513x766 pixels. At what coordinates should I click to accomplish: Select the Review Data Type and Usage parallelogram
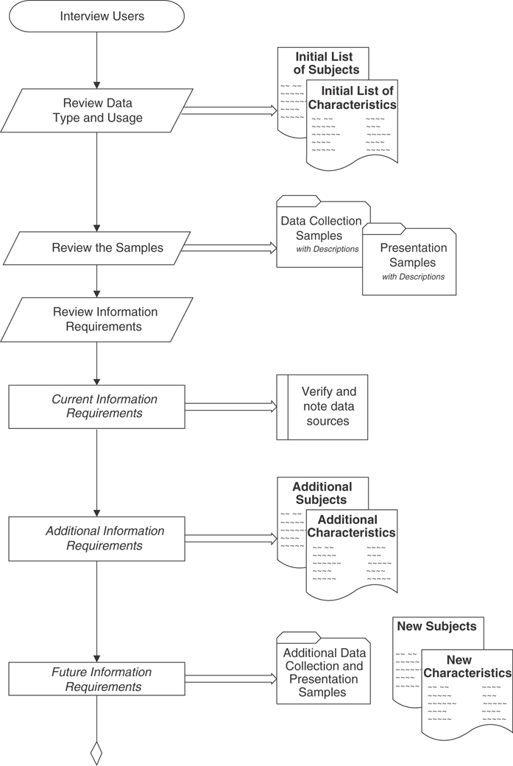(x=97, y=110)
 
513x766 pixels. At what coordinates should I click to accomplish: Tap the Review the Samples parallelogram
(x=97, y=248)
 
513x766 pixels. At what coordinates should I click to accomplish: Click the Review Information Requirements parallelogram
(x=97, y=319)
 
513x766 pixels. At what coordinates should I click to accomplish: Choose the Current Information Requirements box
(x=96, y=406)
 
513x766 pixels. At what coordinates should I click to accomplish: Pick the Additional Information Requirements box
(x=96, y=539)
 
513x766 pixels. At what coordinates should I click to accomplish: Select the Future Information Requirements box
(x=96, y=679)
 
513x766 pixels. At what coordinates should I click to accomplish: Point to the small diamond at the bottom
(x=96, y=753)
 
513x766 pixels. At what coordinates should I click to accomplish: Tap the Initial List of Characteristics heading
(x=352, y=98)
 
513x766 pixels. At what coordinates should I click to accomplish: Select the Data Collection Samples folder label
(x=322, y=228)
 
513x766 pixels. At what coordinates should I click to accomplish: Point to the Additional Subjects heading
(x=322, y=494)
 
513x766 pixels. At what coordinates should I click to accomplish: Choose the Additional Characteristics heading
(x=352, y=526)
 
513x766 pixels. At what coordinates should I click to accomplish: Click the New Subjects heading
(x=436, y=627)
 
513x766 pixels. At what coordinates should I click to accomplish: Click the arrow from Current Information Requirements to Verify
(x=230, y=406)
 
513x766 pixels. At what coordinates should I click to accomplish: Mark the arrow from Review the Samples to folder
(x=230, y=248)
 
